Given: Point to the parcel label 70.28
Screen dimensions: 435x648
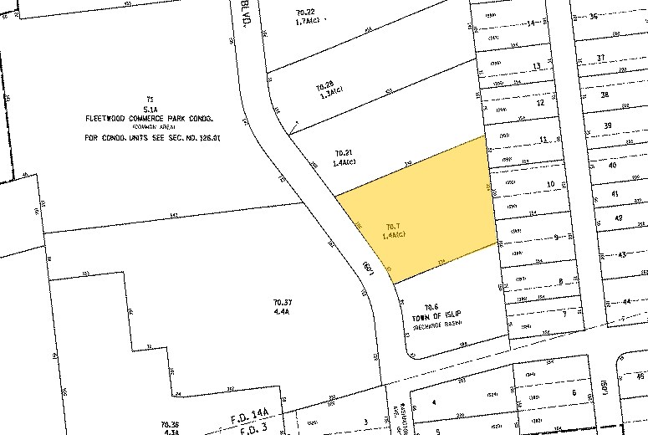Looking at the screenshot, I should click(324, 86).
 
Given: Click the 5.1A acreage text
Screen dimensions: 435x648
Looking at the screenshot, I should click(151, 109).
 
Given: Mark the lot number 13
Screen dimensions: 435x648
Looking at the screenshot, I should click(536, 66).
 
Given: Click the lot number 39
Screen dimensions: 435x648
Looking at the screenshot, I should click(608, 125).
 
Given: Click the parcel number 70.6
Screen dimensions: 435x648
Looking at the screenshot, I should click(431, 307).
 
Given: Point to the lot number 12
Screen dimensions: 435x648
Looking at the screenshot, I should click(540, 103).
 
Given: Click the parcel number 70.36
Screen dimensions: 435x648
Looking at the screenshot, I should click(171, 424).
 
